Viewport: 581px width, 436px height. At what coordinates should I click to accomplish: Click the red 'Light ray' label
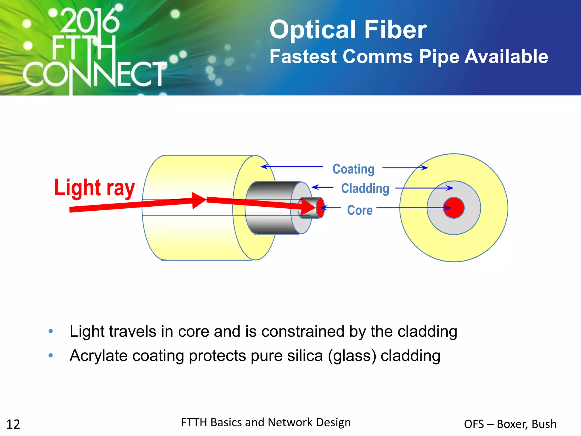pyautogui.click(x=94, y=188)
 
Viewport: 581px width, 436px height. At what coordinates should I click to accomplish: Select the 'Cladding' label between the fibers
pyautogui.click(x=365, y=188)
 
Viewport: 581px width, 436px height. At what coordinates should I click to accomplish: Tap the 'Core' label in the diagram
pyautogui.click(x=360, y=210)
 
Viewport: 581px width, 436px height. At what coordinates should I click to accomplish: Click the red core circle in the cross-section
pyautogui.click(x=454, y=208)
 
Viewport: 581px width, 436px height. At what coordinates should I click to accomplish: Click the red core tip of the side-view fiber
pyautogui.click(x=320, y=208)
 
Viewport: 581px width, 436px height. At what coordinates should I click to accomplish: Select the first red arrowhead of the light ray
pyautogui.click(x=199, y=200)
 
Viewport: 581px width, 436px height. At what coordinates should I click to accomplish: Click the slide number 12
pyautogui.click(x=13, y=424)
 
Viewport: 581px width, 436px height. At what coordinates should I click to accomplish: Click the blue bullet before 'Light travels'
pyautogui.click(x=51, y=331)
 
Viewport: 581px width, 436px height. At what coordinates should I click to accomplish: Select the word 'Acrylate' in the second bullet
pyautogui.click(x=98, y=356)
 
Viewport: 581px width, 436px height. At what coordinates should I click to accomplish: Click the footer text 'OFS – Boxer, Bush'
pyautogui.click(x=510, y=424)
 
